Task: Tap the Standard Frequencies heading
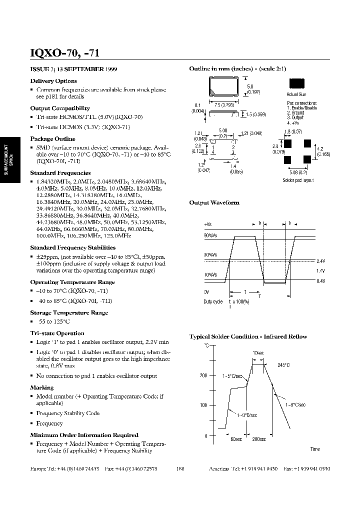click(x=60, y=172)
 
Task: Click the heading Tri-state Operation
click(x=57, y=333)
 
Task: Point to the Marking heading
click(x=41, y=387)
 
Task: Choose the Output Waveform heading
click(x=214, y=202)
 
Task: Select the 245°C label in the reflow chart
click(x=283, y=365)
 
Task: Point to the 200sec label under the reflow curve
click(x=259, y=439)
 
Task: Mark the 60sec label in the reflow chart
click(x=236, y=439)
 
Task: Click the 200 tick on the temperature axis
click(x=203, y=375)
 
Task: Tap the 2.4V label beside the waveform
click(x=320, y=261)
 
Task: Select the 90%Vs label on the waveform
click(x=210, y=235)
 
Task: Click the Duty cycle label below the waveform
click(x=213, y=302)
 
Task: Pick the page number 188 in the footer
click(x=180, y=469)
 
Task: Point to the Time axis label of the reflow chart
click(x=314, y=449)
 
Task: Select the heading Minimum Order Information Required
click(x=84, y=435)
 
